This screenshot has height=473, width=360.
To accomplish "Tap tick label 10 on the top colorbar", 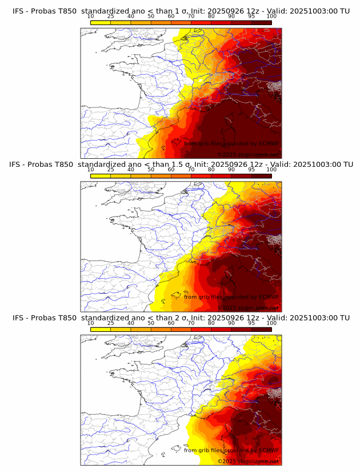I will (91, 16).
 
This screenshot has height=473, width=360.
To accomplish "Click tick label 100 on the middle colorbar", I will (271, 170).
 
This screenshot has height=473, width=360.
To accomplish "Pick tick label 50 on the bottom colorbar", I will (151, 323).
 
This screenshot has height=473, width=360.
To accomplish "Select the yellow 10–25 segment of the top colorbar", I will (101, 22).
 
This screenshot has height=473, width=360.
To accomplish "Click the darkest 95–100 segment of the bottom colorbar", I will (262, 329).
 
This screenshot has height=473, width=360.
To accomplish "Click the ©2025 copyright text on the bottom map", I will (248, 461).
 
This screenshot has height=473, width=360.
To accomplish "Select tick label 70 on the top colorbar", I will (191, 16).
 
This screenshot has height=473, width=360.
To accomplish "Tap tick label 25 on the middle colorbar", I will (111, 170).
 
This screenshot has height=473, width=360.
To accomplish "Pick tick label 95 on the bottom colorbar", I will (251, 323).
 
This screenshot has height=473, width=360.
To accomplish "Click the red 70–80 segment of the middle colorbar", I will (201, 176).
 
